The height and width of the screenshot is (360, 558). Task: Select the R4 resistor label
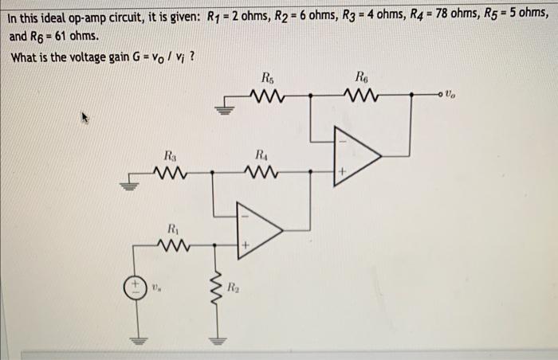(263, 154)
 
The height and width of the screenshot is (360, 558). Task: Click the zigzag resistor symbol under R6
(364, 95)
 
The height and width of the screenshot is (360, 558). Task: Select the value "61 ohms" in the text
(75, 37)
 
